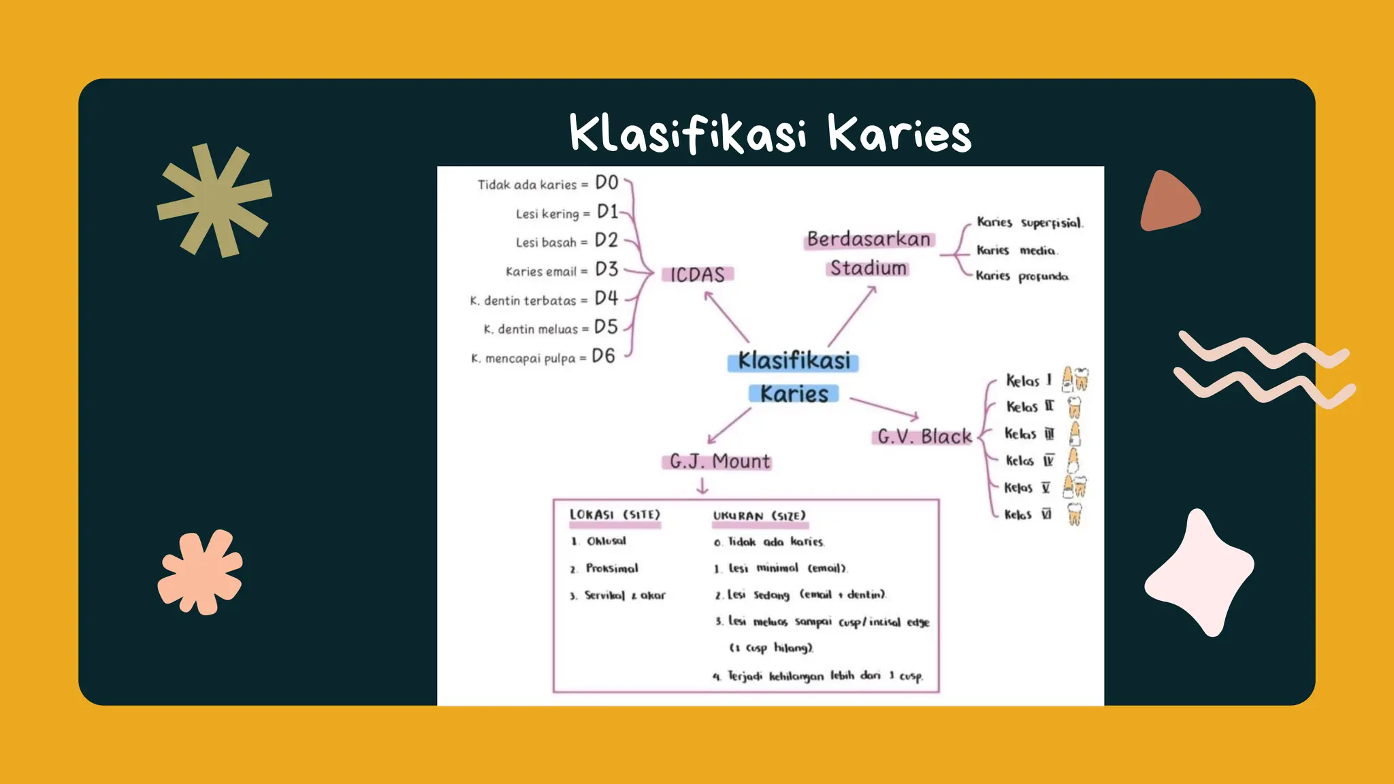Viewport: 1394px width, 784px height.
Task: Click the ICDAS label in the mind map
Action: click(x=698, y=274)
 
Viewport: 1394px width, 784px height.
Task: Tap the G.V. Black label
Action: click(x=924, y=436)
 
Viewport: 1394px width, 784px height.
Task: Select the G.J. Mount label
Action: click(x=719, y=461)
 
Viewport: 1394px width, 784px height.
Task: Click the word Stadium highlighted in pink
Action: click(x=868, y=268)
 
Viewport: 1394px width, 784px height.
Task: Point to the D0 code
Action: click(x=606, y=182)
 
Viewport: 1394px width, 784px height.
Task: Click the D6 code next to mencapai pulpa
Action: click(x=603, y=356)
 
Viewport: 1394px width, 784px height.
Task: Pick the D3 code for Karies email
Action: click(x=606, y=269)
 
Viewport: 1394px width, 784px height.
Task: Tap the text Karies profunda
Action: click(x=1022, y=276)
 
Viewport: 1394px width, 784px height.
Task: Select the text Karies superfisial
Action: click(x=1029, y=223)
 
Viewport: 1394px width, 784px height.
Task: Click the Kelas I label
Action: click(x=1028, y=380)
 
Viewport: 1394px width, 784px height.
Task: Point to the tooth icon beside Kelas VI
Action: click(x=1074, y=514)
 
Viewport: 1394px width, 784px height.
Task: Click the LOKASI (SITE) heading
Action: click(x=615, y=514)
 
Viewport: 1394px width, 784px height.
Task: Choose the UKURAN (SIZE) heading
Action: click(x=759, y=516)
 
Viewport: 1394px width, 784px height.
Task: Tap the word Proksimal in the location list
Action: click(x=612, y=568)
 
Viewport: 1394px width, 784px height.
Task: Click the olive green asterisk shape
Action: click(x=214, y=200)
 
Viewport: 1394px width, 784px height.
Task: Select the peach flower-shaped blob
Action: click(x=200, y=572)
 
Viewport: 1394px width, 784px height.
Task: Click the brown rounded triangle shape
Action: click(x=1167, y=203)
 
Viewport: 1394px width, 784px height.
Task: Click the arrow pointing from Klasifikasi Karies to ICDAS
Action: click(x=726, y=316)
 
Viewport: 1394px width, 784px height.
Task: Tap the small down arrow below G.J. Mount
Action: click(x=702, y=486)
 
